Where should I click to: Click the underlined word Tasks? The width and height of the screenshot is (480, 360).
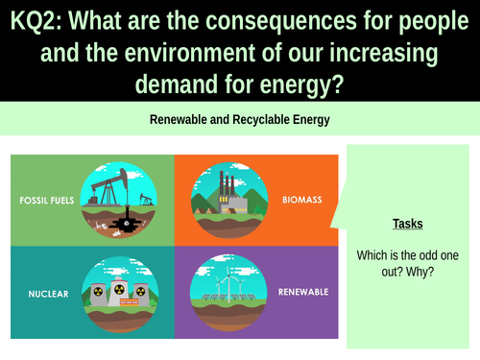[408, 224]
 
